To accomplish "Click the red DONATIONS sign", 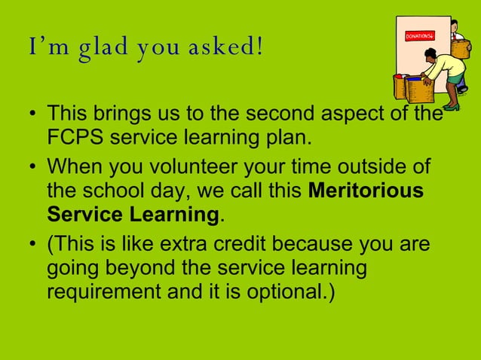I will pos(420,35).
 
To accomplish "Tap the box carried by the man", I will pos(459,47).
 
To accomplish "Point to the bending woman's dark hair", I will pos(431,53).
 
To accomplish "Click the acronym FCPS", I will pos(78,139).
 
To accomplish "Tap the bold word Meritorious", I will pos(366,191).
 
